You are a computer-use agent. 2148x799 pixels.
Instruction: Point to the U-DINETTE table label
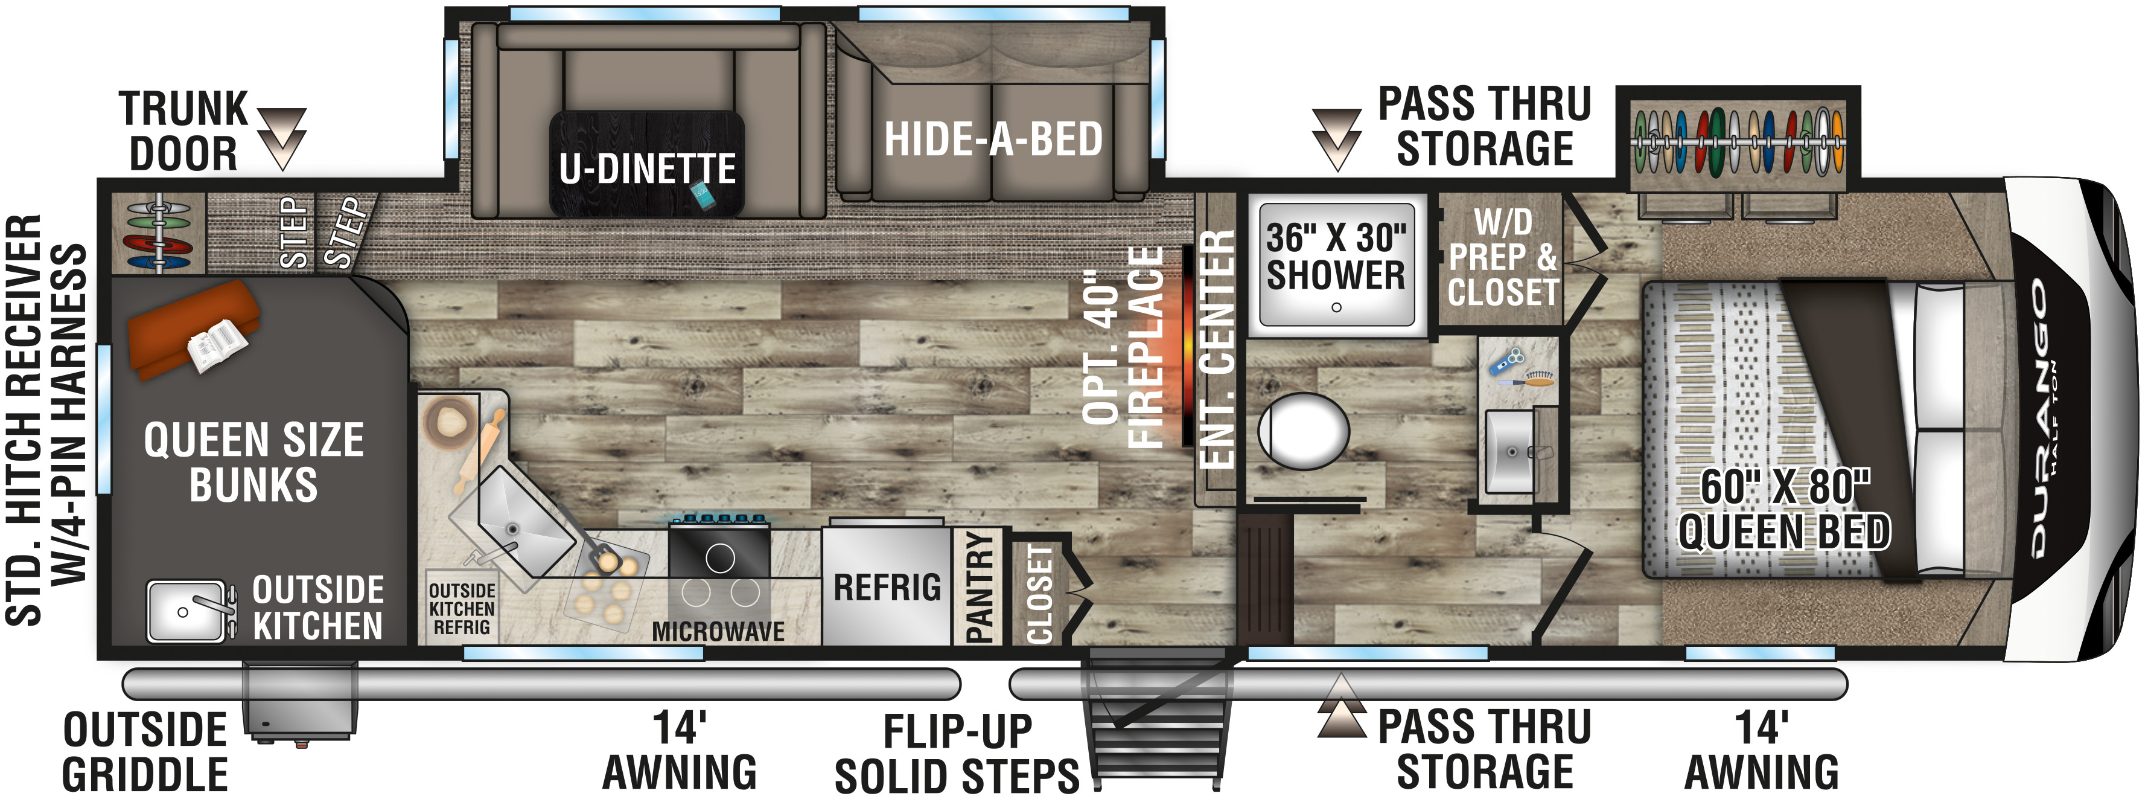pyautogui.click(x=647, y=168)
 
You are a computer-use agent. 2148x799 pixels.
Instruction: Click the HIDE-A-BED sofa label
pyautogui.click(x=993, y=138)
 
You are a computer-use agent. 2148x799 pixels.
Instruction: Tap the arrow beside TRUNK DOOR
pyautogui.click(x=282, y=138)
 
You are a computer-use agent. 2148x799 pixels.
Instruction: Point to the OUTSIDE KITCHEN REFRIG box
pyautogui.click(x=462, y=608)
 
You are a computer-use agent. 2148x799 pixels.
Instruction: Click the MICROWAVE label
pyautogui.click(x=718, y=631)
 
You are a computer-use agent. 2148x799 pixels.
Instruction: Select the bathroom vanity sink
pyautogui.click(x=1510, y=451)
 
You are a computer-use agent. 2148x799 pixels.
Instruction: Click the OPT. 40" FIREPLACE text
pyautogui.click(x=1123, y=348)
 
